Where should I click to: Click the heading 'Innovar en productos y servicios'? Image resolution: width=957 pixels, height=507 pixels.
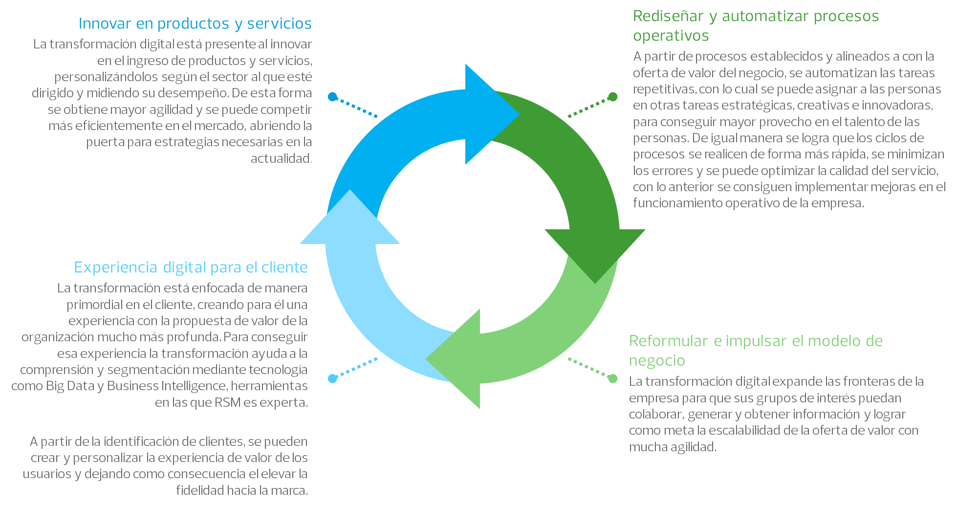pos(195,23)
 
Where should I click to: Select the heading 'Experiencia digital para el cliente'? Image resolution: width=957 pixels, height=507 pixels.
pos(191,267)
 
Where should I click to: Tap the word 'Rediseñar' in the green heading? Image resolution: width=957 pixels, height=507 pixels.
pos(669,16)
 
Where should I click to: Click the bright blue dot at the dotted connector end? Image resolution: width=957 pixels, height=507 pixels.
pos(333,97)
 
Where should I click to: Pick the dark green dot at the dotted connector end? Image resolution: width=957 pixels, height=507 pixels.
pos(612,97)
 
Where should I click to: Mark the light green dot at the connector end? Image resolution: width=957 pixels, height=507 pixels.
pos(612,378)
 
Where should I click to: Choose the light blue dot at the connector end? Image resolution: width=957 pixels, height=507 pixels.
pos(333,378)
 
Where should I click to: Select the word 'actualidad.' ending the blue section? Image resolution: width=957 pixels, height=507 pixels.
pos(281,158)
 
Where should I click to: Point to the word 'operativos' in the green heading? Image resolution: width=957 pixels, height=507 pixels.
pos(671,36)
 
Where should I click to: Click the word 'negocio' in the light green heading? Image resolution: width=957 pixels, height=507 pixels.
pos(657,361)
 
